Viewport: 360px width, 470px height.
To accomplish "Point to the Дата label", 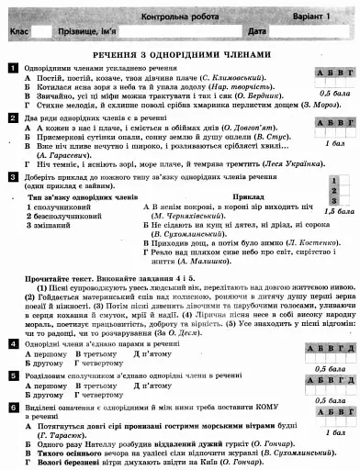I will click(257, 32).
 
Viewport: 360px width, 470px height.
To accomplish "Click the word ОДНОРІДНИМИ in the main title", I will click(180, 54).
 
